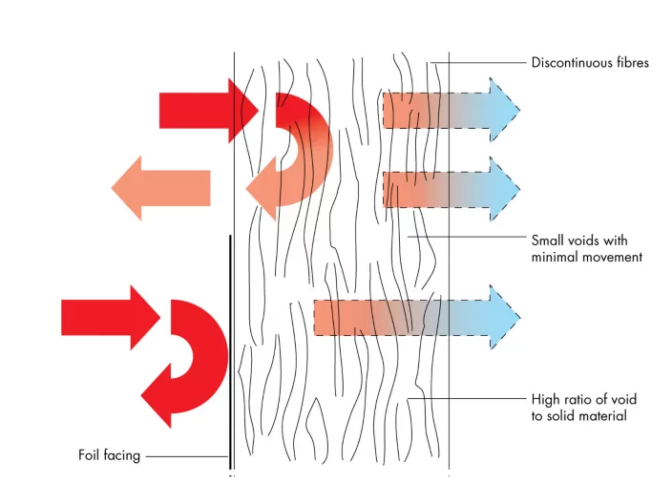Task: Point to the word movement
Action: [x=612, y=257]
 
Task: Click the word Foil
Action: [x=91, y=455]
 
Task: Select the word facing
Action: [x=123, y=456]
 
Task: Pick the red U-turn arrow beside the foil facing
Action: [x=191, y=363]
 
